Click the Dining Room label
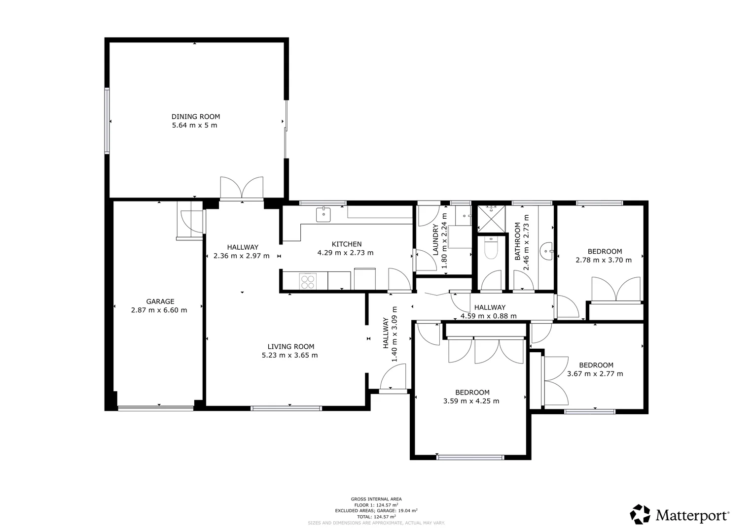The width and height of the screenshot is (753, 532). click(x=196, y=117)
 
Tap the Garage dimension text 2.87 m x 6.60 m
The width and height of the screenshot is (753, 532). click(x=159, y=310)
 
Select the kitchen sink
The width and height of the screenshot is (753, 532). click(x=323, y=215)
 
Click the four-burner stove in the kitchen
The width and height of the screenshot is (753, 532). click(x=308, y=281)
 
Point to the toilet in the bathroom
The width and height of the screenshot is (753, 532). click(x=491, y=248)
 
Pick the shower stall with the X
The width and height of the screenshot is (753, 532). click(x=491, y=219)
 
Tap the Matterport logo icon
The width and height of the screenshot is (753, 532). click(x=640, y=514)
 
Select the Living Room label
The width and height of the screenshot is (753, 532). click(x=291, y=346)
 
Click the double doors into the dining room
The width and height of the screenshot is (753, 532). click(x=242, y=188)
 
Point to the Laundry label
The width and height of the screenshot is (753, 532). click(x=435, y=239)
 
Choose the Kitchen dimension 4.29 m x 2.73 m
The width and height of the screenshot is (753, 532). click(x=345, y=253)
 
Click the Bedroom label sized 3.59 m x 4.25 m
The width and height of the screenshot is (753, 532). click(x=472, y=392)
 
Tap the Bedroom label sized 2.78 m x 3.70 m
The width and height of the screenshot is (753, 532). click(x=605, y=251)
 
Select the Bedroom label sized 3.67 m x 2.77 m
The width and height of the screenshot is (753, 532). click(x=596, y=365)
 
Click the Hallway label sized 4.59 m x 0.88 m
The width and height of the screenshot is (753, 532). click(x=490, y=307)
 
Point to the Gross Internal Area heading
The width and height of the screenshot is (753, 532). click(x=376, y=499)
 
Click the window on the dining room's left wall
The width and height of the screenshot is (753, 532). click(x=107, y=121)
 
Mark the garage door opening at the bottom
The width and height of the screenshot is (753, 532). click(x=156, y=408)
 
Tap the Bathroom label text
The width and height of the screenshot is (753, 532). click(x=518, y=241)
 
